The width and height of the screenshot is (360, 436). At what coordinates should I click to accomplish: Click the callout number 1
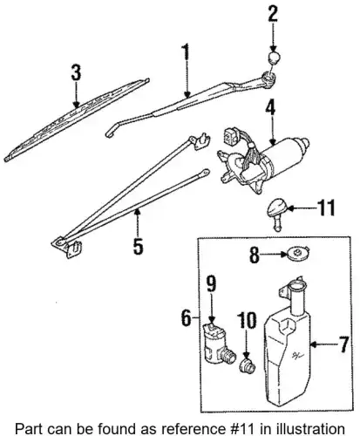(x=185, y=56)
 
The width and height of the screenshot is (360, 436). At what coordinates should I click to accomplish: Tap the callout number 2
(x=273, y=13)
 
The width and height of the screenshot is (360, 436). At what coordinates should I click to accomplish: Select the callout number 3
(x=76, y=72)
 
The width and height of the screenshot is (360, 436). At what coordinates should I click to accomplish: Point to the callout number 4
(x=270, y=108)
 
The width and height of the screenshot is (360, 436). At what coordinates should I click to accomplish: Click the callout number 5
(x=138, y=246)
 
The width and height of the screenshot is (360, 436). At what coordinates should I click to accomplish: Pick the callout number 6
(x=187, y=317)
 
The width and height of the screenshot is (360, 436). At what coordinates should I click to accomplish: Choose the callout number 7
(x=343, y=344)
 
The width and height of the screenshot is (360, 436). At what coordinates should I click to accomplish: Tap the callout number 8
(x=255, y=255)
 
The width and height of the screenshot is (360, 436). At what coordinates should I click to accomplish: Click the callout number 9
(x=211, y=283)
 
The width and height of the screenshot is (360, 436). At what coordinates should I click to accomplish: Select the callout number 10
(x=247, y=320)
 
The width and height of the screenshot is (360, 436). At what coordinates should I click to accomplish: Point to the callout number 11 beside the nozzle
(x=326, y=208)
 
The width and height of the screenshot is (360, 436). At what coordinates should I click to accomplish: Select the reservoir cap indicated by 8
(x=297, y=253)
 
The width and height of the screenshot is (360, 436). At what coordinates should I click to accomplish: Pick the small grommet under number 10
(x=248, y=366)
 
